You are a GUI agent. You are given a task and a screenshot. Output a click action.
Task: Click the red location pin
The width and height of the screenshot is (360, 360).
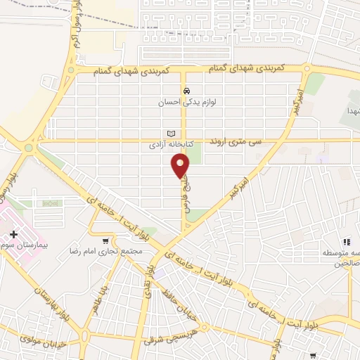click(180, 165)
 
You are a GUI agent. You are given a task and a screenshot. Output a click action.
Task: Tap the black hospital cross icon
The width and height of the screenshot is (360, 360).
click(14, 233)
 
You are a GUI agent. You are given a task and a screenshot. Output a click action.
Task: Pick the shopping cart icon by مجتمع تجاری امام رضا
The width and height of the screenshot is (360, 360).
click(105, 240)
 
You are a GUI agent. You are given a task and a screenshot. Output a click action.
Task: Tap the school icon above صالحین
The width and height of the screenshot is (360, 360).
click(346, 242)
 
